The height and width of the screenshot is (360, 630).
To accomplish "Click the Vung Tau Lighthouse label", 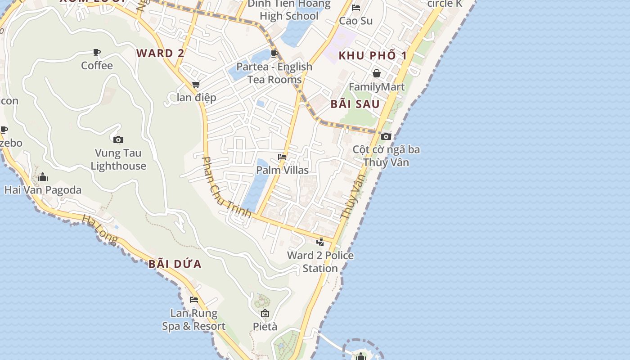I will coord(118,160).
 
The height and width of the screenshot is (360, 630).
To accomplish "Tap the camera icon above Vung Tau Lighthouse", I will coord(118,139).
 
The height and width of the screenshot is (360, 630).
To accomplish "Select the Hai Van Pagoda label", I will coord(43,190).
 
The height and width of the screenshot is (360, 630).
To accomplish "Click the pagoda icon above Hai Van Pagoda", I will coord(43,177).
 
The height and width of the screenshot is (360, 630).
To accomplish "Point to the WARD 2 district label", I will coord(160,53).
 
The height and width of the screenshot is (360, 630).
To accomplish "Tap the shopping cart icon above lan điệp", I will coord(196,84).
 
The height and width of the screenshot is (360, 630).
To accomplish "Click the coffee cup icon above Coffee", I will coord(97,53).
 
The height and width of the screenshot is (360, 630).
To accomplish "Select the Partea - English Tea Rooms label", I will coord(274,73).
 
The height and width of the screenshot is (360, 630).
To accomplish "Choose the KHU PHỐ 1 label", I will coord(373,56).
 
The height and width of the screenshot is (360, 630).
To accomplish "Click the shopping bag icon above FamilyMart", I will coord(377,73).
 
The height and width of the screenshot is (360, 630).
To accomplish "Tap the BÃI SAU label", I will coord(355,104).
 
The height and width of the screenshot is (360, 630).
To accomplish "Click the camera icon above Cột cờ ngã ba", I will coord(386,136).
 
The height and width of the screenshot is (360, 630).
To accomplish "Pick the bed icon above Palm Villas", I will coord(282,157).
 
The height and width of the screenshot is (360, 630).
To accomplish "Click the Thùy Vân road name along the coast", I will coord(353,197).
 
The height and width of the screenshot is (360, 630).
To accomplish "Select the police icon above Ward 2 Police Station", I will coord(320,242).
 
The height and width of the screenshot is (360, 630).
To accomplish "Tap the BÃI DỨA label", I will coord(175,264).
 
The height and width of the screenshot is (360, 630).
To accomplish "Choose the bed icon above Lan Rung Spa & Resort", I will coord(194,300).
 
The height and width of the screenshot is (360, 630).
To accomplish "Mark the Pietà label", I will coord(265,326).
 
